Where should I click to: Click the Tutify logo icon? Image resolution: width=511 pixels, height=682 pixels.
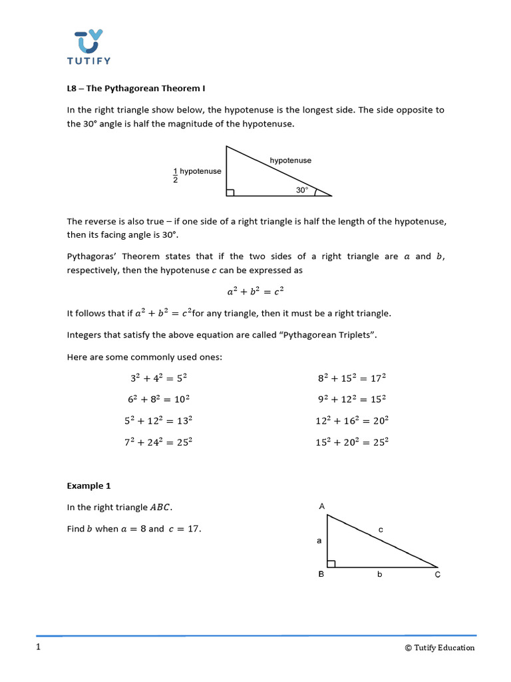[88, 41]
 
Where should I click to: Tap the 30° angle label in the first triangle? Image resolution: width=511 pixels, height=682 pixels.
[302, 190]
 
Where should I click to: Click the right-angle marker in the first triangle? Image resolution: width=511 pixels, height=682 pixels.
[230, 192]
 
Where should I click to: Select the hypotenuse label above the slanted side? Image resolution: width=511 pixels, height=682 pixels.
[290, 161]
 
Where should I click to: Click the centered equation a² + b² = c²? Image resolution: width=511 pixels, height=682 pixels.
[255, 291]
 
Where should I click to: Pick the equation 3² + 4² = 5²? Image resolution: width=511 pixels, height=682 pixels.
[158, 378]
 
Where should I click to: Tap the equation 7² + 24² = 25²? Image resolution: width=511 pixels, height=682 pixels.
[161, 442]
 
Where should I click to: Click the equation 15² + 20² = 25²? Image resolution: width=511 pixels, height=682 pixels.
[352, 442]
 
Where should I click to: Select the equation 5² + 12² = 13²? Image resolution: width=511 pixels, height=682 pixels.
[161, 420]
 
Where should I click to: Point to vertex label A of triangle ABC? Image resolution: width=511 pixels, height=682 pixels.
[322, 507]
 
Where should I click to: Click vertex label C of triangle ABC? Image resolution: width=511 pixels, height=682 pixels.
[437, 575]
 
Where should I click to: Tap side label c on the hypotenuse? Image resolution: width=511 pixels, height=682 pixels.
[381, 529]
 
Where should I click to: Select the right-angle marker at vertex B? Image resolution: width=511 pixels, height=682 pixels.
[331, 563]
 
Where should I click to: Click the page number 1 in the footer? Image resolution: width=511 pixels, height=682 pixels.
[38, 647]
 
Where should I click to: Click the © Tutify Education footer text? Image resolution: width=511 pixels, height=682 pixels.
[440, 647]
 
